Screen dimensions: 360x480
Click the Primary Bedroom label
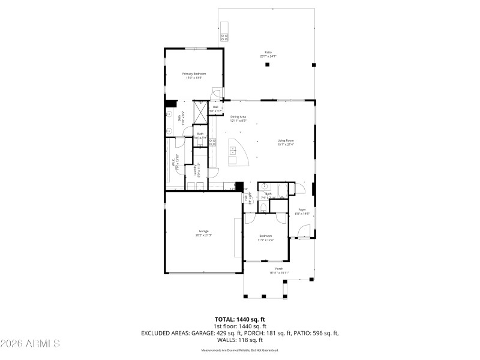click(194, 73)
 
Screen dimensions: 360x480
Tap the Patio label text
click(268, 52)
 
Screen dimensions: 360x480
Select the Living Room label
click(286, 140)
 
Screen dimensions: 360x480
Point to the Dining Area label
click(238, 116)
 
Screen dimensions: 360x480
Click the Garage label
click(203, 231)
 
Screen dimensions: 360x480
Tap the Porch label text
click(278, 269)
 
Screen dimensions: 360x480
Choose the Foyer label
click(302, 209)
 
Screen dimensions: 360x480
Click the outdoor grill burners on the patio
click(224, 36)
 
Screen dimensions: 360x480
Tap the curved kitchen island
click(236, 153)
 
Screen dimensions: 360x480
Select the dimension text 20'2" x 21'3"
click(203, 235)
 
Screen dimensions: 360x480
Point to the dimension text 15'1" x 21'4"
click(286, 145)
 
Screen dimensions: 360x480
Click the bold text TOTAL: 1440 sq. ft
click(240, 319)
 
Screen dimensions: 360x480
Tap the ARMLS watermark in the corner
click(30, 344)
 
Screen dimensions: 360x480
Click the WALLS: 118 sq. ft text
click(240, 339)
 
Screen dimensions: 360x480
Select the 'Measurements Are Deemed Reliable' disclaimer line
click(240, 350)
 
